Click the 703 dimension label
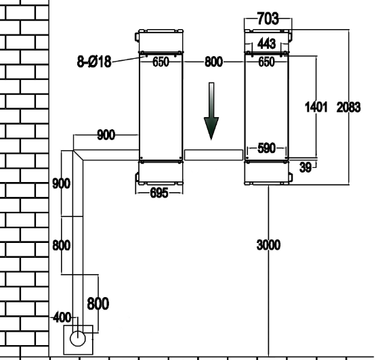[x=268, y=19]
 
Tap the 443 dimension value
[x=267, y=44]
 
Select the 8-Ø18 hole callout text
[x=94, y=62]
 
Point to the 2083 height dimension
[x=348, y=107]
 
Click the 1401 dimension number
[x=316, y=107]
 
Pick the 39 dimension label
[x=305, y=167]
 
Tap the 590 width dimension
[x=267, y=148]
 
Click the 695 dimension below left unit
[x=159, y=193]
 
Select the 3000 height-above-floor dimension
[x=268, y=245]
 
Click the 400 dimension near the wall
[x=62, y=317]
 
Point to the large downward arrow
[x=211, y=112]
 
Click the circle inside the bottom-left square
[x=77, y=339]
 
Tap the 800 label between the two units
[x=213, y=62]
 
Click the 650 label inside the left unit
[x=161, y=62]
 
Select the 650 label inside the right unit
[x=266, y=62]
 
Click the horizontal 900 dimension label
[x=106, y=135]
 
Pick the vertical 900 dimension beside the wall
[x=62, y=183]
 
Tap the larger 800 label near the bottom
[x=98, y=304]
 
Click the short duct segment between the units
[x=213, y=155]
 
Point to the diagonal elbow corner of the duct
[x=78, y=155]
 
